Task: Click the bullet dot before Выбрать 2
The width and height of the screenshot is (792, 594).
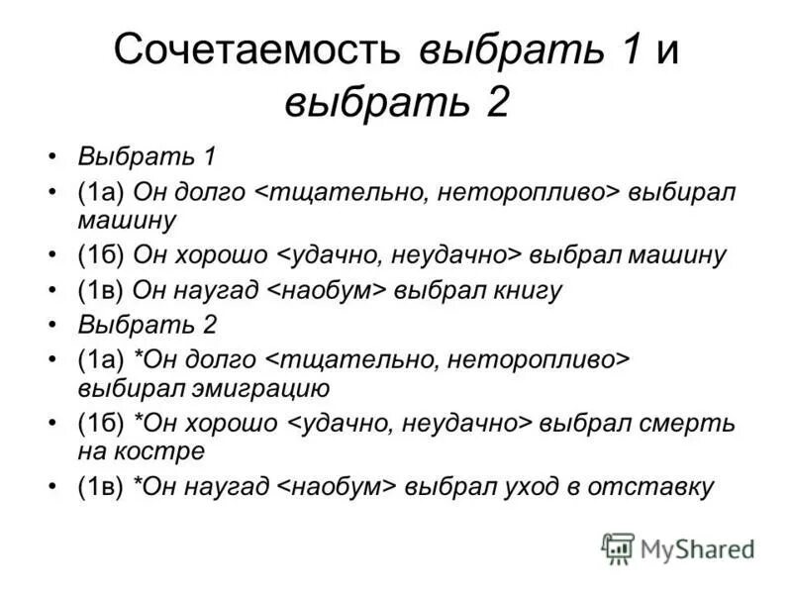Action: [52, 324]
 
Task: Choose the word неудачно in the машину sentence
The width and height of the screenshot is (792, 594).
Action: [460, 254]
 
